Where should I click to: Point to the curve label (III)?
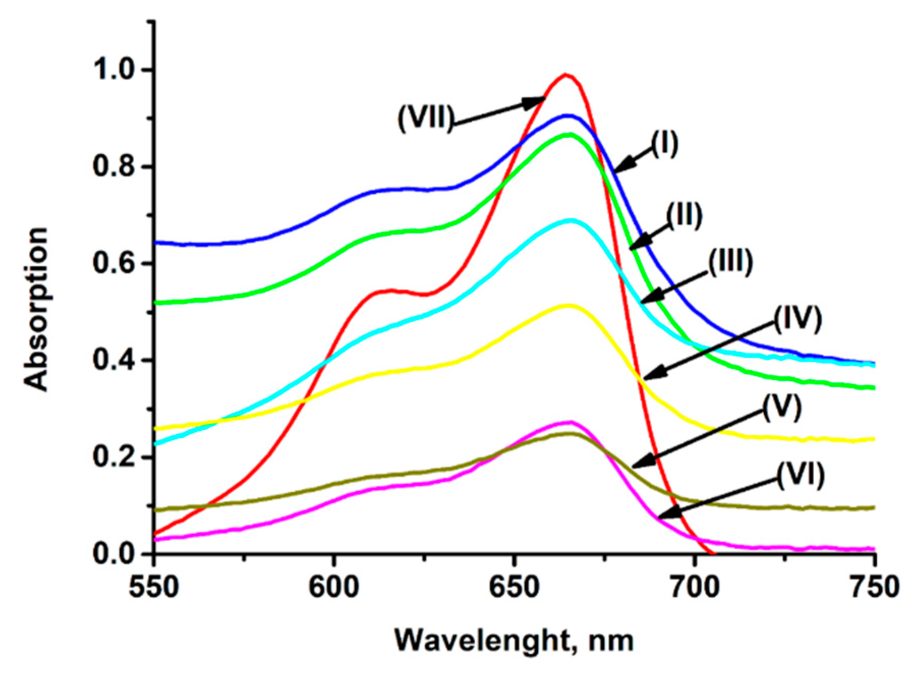pyautogui.click(x=730, y=263)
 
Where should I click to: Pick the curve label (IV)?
pyautogui.click(x=797, y=319)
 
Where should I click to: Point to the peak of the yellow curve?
pyautogui.click(x=568, y=305)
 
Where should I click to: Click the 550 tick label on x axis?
pyautogui.click(x=154, y=587)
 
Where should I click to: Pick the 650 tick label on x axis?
pyautogui.click(x=514, y=587)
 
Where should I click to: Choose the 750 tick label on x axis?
pyautogui.click(x=874, y=587)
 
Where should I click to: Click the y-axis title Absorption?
pyautogui.click(x=37, y=309)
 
